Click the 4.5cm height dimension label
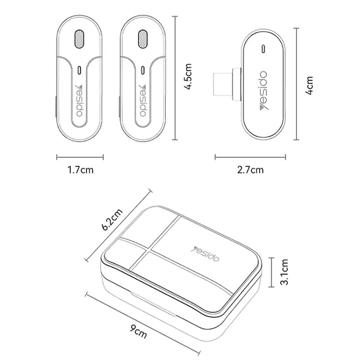tap(188, 77)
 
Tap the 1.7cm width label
tap(81, 170)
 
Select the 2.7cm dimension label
tap(250, 170)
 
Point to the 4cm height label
tap(309, 85)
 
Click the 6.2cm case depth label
tap(112, 219)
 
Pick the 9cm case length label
tap(139, 331)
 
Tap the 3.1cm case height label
tap(284, 272)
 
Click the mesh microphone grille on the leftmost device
tap(79, 39)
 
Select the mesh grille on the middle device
tap(143, 39)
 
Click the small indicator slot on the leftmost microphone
tap(79, 70)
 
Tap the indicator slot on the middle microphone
tap(143, 70)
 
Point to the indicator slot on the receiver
tap(263, 49)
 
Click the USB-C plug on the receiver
tap(227, 84)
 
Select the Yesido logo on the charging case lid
tap(205, 254)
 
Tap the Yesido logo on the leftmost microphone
tap(79, 101)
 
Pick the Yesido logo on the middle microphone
tap(143, 101)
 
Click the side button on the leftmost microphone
tap(56, 107)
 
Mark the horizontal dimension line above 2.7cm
tap(250, 157)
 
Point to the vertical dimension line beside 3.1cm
tap(271, 272)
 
